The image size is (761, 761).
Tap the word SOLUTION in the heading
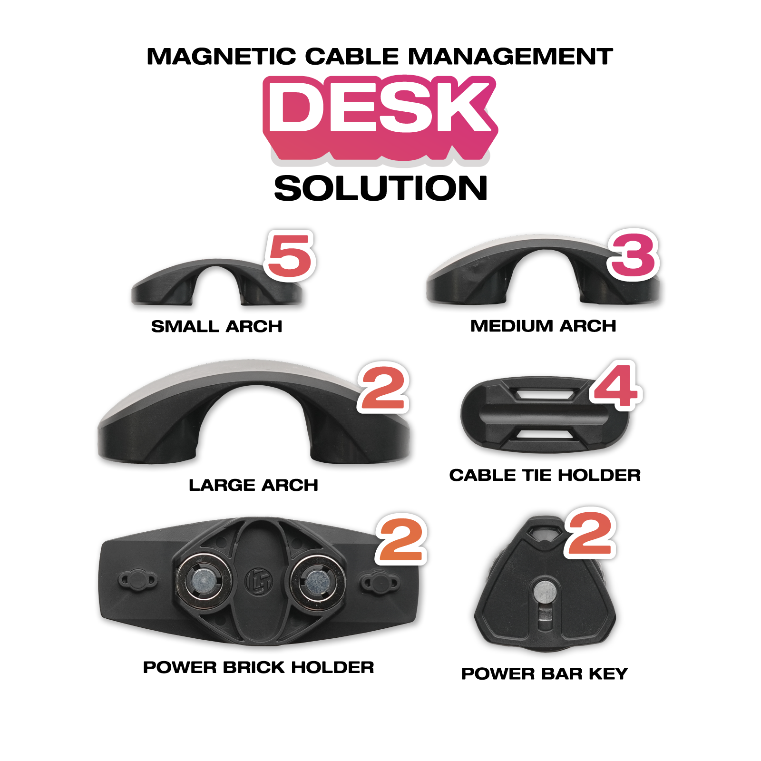[380, 188]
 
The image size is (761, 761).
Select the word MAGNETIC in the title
[221, 57]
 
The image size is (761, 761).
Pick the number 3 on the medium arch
[633, 255]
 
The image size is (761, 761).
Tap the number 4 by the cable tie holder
[616, 386]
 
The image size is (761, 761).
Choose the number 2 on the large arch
[383, 388]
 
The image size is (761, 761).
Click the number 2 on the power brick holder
[401, 540]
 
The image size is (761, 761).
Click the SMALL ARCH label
[216, 327]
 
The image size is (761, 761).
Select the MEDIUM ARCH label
[543, 326]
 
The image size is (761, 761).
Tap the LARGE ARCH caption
[254, 485]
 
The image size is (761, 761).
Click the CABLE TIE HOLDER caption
[545, 475]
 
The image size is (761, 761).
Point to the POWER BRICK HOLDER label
[258, 667]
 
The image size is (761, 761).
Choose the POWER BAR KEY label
[545, 673]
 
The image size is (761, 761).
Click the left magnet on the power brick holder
[204, 580]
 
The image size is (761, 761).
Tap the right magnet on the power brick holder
[315, 580]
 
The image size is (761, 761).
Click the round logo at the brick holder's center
[259, 581]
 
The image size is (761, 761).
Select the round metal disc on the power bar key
[545, 592]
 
